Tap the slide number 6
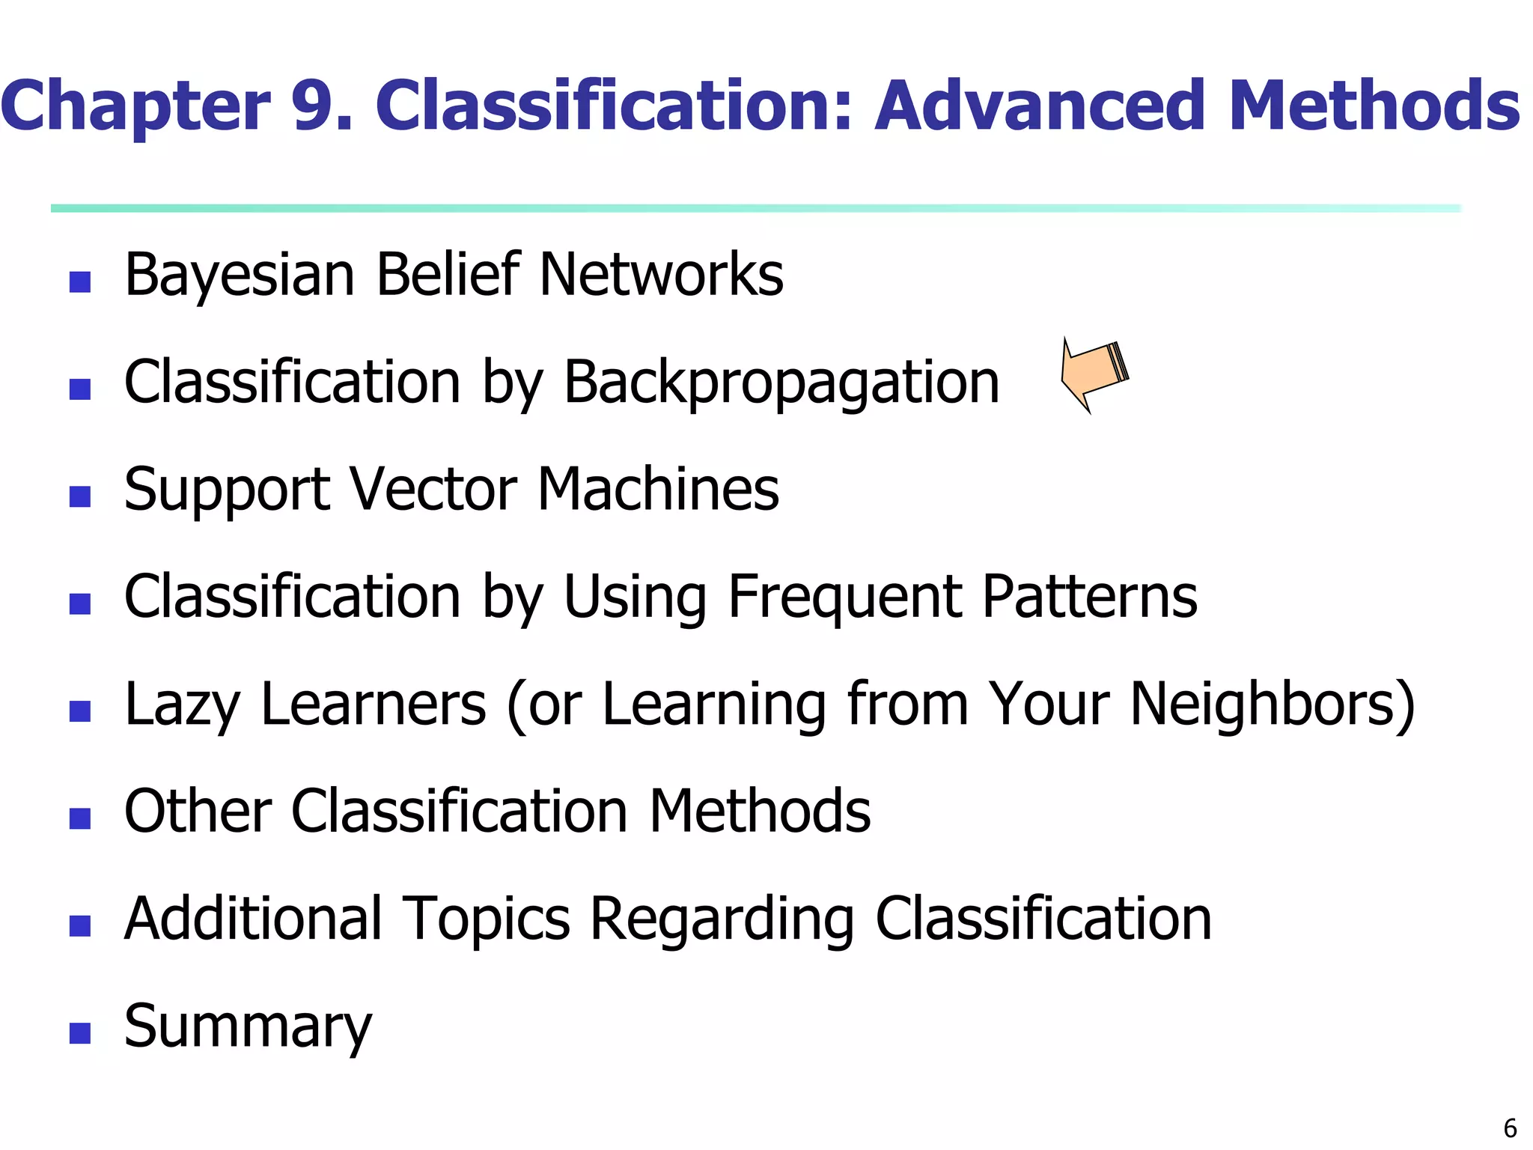point(1510,1128)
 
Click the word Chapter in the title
point(135,106)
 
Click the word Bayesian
point(240,276)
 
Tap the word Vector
point(433,490)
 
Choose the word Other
point(198,812)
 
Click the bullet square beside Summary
point(80,1033)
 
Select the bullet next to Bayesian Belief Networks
point(80,282)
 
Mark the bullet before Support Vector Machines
point(80,496)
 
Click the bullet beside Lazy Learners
point(80,711)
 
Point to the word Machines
point(658,490)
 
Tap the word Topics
point(486,919)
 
